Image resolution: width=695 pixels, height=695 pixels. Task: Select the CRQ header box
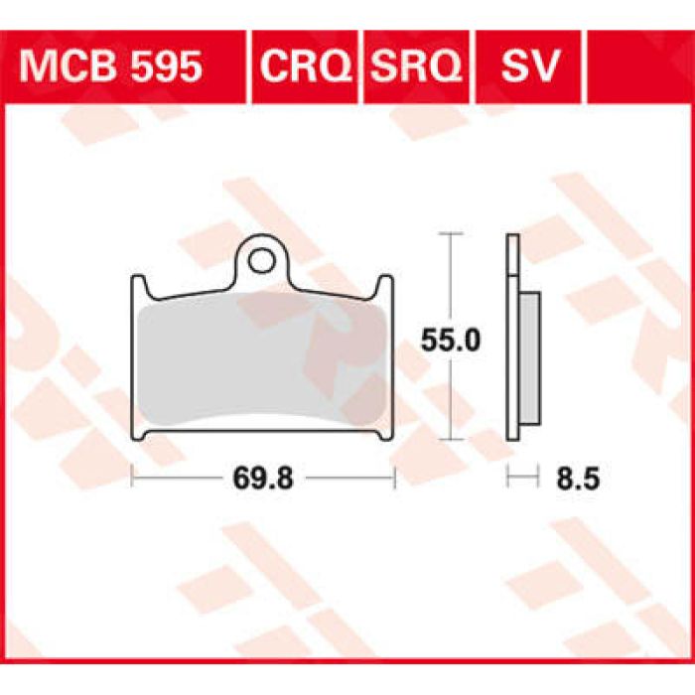point(305,68)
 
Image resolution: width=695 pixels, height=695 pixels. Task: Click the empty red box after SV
point(636,68)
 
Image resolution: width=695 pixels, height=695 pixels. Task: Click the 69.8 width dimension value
point(263,479)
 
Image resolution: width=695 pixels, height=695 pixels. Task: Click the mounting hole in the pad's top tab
point(262,261)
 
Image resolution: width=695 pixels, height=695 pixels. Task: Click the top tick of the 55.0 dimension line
point(452,233)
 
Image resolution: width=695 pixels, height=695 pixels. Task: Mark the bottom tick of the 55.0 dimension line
point(452,438)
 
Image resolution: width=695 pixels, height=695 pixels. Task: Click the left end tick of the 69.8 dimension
point(132,479)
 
